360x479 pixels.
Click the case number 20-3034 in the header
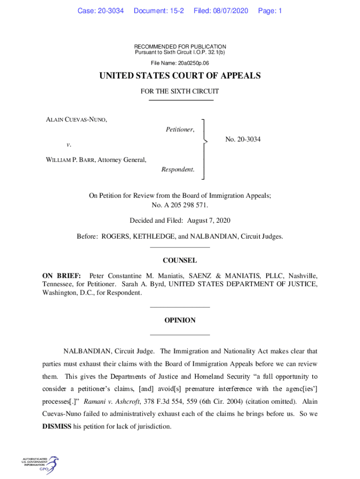tap(110, 11)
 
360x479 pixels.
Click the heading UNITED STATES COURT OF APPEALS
tap(180, 76)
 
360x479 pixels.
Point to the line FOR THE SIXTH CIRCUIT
tap(180, 92)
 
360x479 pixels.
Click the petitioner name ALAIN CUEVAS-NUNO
tap(76, 120)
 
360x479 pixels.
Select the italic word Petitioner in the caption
tap(180, 130)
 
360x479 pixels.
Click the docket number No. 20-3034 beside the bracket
tap(243, 139)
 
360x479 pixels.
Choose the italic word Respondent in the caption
tap(178, 169)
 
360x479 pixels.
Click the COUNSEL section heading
tap(180, 261)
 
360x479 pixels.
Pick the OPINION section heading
tap(180, 320)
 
